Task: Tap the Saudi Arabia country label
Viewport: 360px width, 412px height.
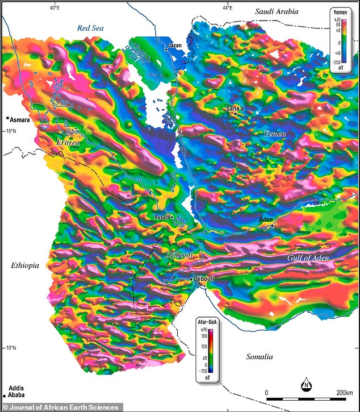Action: pyautogui.click(x=276, y=11)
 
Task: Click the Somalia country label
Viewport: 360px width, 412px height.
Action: pyautogui.click(x=259, y=357)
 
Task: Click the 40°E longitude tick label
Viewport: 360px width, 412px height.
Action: pyautogui.click(x=55, y=7)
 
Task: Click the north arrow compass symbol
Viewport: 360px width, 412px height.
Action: pyautogui.click(x=305, y=385)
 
